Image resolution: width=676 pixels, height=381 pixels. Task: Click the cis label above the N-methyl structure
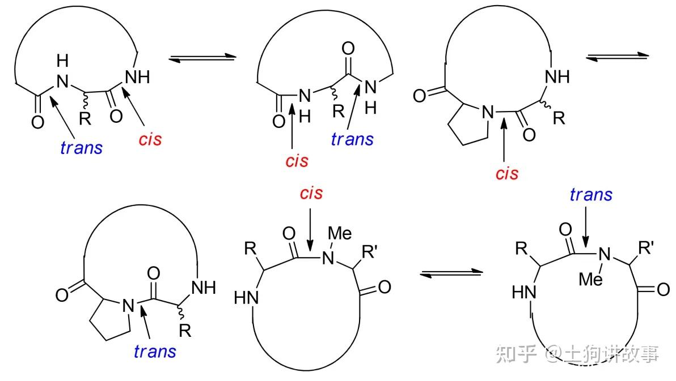311,194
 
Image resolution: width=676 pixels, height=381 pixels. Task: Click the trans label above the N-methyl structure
591,195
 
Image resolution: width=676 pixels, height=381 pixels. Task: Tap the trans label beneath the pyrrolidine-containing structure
155,351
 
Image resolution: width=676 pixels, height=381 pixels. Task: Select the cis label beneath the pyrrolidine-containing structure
506,173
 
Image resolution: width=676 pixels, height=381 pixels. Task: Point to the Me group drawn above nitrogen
340,233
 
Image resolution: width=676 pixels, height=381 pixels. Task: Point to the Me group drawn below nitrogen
592,278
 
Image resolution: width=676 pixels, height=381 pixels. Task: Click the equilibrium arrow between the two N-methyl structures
451,273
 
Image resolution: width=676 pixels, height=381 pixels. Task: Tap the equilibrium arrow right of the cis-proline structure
617,56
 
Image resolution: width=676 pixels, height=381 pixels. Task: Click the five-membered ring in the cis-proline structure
466,125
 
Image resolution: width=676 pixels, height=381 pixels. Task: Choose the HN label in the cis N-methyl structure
247,297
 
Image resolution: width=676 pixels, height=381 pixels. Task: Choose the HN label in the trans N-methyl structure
523,293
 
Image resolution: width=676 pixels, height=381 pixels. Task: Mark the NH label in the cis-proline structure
556,77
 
